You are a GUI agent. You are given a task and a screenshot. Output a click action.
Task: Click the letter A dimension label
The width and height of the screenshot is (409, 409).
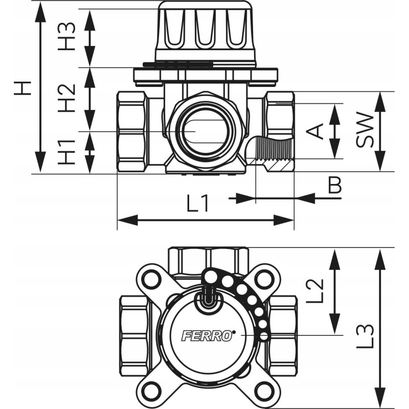coord(317,131)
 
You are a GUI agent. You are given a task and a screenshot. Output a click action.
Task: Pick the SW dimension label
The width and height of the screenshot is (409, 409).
coord(365,131)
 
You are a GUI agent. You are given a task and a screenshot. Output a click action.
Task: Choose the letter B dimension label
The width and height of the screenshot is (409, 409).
coord(334,185)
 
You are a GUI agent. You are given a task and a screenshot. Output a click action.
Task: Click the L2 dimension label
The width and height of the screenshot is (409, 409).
coord(317,290)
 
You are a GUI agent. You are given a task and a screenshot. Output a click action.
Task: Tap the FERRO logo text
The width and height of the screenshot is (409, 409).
coord(200,336)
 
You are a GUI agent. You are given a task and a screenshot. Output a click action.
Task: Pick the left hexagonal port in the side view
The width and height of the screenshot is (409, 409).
coord(132,131)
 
